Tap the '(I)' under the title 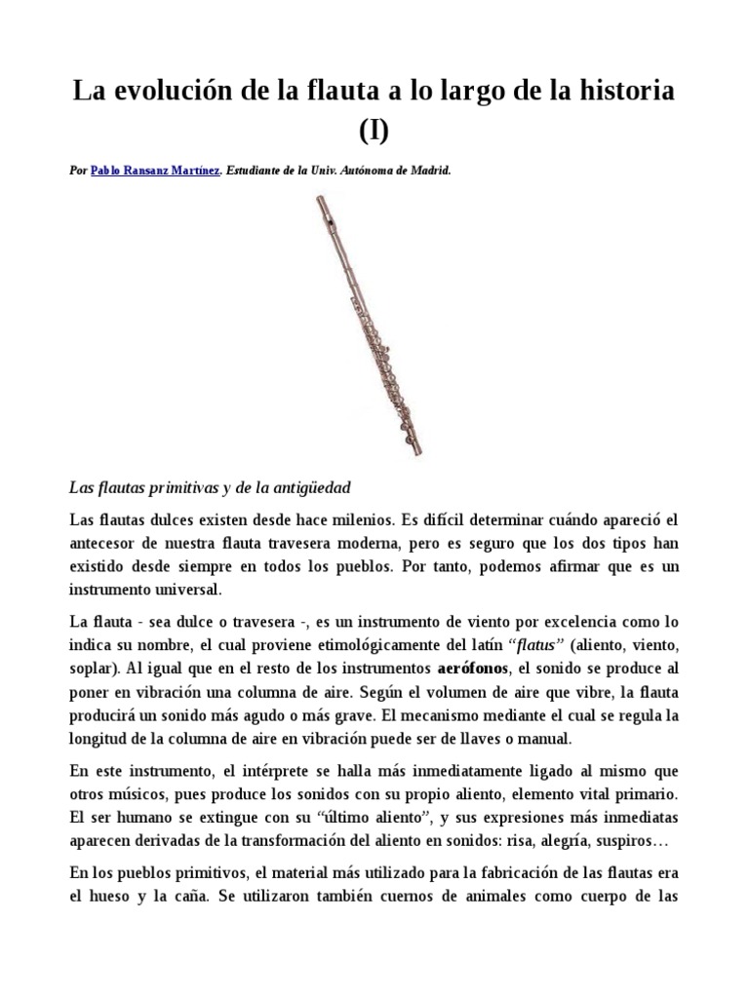(374, 131)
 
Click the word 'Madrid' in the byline (428, 170)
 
